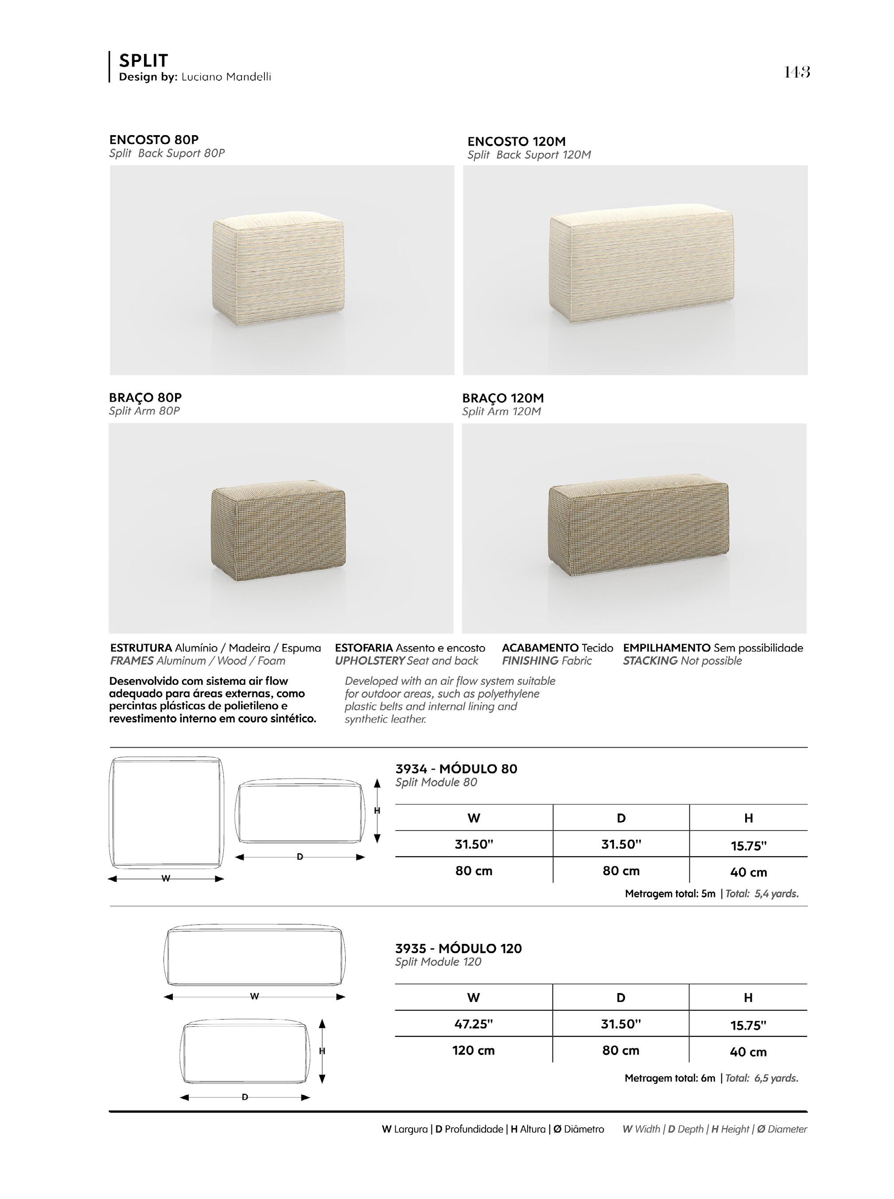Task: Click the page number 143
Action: pos(797,72)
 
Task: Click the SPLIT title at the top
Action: pos(144,60)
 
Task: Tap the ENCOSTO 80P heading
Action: pos(154,140)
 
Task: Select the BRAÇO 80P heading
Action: pos(145,397)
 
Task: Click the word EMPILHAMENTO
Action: pos(666,648)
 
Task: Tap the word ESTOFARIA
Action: pos(364,648)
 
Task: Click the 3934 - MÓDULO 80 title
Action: pos(456,768)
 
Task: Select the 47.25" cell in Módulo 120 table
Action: pos(474,1024)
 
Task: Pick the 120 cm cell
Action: pos(474,1050)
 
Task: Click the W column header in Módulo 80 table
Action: pos(474,818)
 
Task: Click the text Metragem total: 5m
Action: pos(669,893)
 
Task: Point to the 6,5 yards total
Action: pos(776,1078)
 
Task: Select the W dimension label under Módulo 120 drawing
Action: pos(254,996)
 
